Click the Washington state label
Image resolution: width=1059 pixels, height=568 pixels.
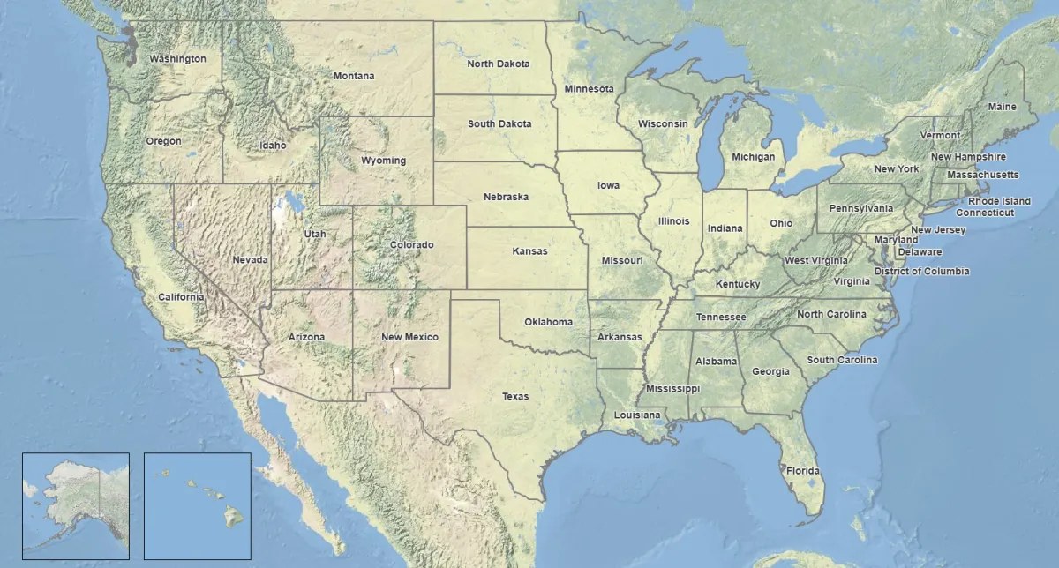coord(177,59)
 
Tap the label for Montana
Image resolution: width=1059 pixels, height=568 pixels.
coord(353,76)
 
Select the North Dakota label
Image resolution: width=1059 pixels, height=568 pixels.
coord(499,64)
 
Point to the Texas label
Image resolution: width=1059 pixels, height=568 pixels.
coord(515,396)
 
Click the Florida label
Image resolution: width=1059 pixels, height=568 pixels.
coord(803,470)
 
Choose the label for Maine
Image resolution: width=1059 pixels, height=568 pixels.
coord(1002,107)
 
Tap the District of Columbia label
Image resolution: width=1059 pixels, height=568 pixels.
coord(921,271)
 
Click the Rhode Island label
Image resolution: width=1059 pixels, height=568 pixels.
coord(999,201)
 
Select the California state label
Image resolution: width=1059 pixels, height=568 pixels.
coord(181,296)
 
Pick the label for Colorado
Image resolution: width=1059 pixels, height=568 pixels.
coord(412,244)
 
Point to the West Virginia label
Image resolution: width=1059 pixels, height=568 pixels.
coord(816,260)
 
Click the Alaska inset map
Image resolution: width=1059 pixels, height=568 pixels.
coord(75,504)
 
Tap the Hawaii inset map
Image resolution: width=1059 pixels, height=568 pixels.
coord(197,504)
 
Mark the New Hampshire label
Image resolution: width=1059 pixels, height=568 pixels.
coord(968,157)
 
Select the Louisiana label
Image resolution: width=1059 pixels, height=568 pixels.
coord(637,415)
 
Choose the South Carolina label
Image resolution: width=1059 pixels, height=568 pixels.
coord(842,360)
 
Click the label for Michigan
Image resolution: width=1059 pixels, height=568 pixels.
coord(753,157)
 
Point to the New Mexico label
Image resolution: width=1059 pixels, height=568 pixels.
coord(409,337)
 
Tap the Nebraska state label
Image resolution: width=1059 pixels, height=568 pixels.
coord(506,196)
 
